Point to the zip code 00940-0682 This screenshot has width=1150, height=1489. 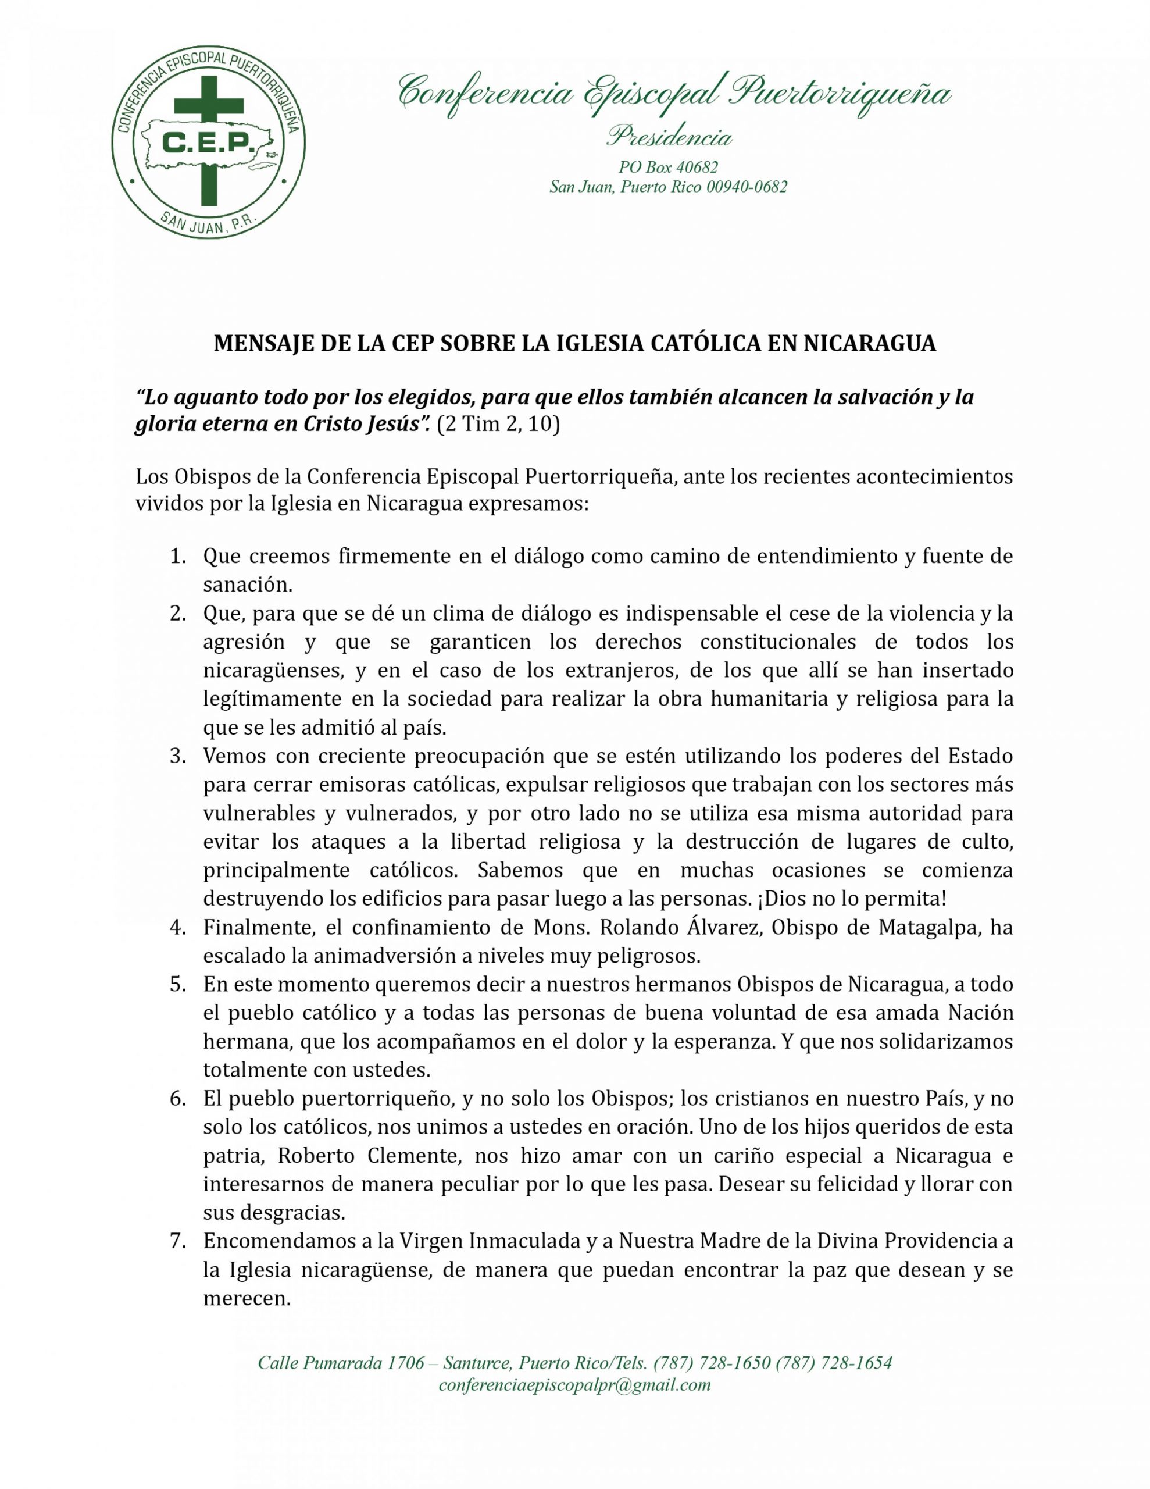click(746, 187)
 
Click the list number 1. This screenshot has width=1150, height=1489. click(178, 556)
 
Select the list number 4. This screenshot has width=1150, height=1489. click(178, 927)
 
